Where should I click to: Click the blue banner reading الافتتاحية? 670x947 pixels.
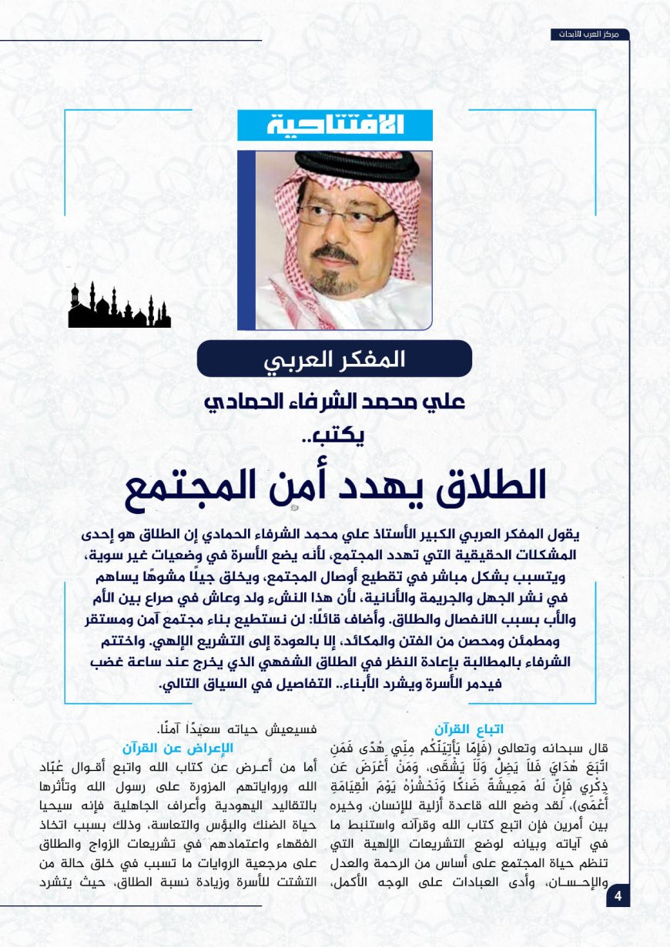coord(335,125)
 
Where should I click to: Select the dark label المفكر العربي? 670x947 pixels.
coord(334,358)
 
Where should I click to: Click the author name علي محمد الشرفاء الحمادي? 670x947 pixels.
coord(334,402)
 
